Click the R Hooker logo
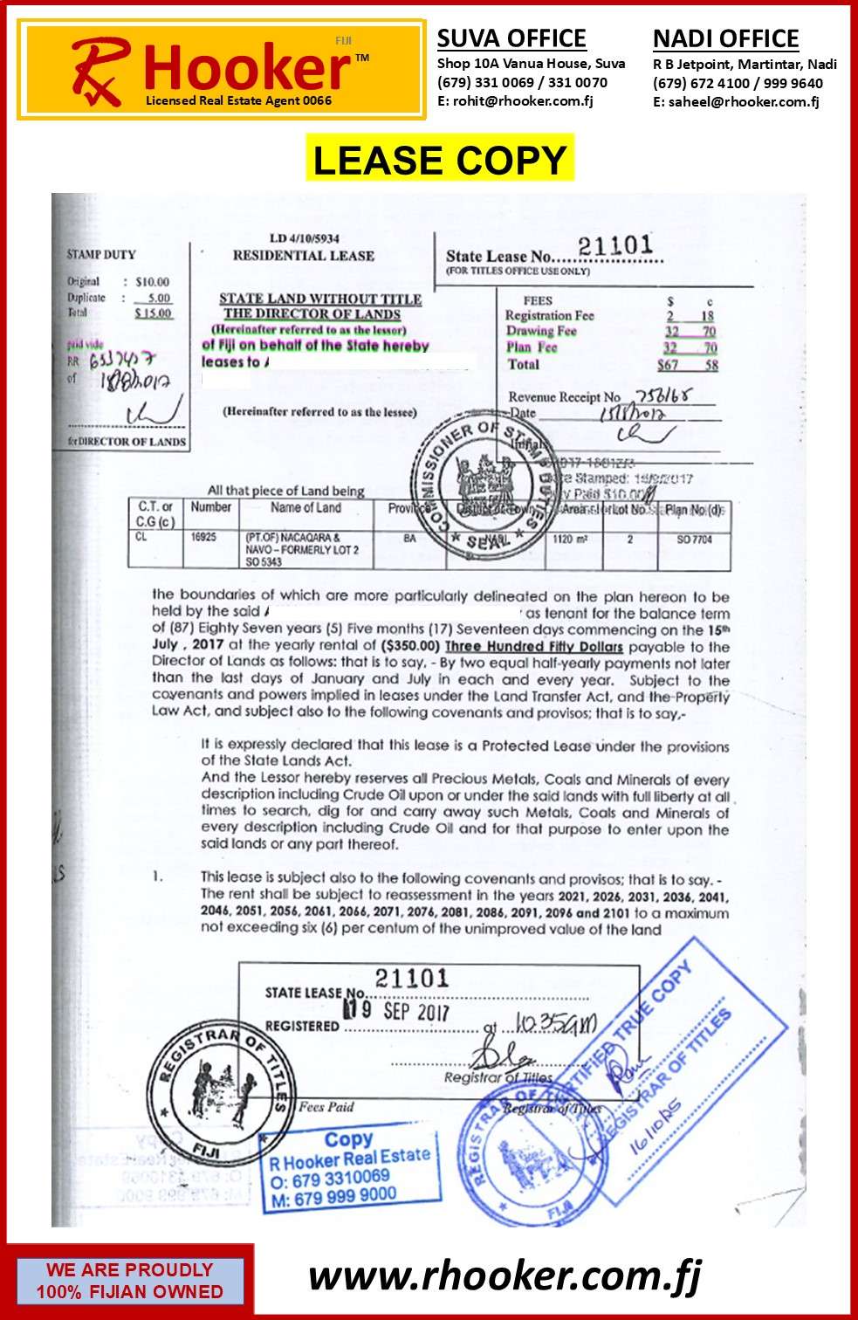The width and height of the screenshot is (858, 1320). (x=222, y=70)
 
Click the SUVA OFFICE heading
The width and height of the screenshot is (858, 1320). (x=511, y=38)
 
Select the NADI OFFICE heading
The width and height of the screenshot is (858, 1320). (x=725, y=39)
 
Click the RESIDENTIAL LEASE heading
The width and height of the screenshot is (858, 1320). (x=303, y=256)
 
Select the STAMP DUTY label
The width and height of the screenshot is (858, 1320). (x=101, y=255)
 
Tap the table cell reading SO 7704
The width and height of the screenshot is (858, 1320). (x=694, y=540)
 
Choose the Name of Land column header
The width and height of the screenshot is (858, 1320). (x=305, y=508)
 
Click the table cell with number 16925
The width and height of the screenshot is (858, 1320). (x=203, y=538)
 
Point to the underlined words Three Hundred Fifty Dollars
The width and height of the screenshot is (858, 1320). (x=533, y=647)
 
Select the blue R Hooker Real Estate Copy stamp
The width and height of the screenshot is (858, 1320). (x=349, y=1168)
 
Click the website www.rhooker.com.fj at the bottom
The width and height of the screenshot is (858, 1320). (x=504, y=1276)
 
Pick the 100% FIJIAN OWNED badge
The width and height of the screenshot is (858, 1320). (x=129, y=1281)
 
